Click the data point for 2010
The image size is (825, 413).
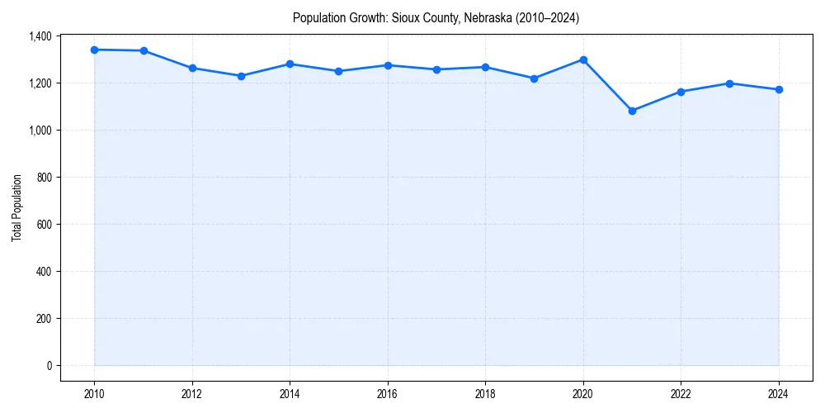coord(94,50)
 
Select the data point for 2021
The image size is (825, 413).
coord(632,111)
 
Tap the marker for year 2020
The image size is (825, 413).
coord(583,59)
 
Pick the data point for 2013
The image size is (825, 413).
coord(241,76)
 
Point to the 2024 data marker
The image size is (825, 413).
coord(779,89)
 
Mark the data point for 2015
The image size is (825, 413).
coord(338,71)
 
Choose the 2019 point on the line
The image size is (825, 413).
coord(534,78)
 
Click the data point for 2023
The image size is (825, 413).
coord(729,83)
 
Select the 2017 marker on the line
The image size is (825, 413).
coord(436,69)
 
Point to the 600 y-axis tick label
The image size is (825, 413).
coord(44,225)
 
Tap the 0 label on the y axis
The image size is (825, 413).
coord(49,366)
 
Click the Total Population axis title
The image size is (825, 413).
coord(16,208)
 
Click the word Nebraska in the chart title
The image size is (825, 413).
coord(463,18)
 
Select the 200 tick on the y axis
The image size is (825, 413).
coord(44,319)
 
